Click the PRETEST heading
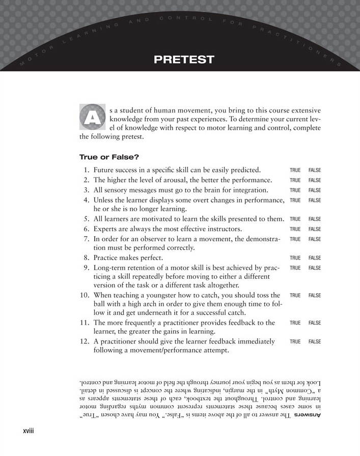coord(183,60)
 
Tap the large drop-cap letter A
coord(92,117)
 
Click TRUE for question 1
coord(295,170)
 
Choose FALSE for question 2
coord(314,180)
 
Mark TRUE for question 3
coord(295,190)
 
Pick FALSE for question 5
coord(314,219)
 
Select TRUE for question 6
coord(295,229)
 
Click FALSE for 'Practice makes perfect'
coord(314,258)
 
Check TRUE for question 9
coord(295,268)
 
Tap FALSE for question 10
coord(314,295)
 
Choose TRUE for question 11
coord(295,323)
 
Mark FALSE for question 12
coord(314,341)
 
